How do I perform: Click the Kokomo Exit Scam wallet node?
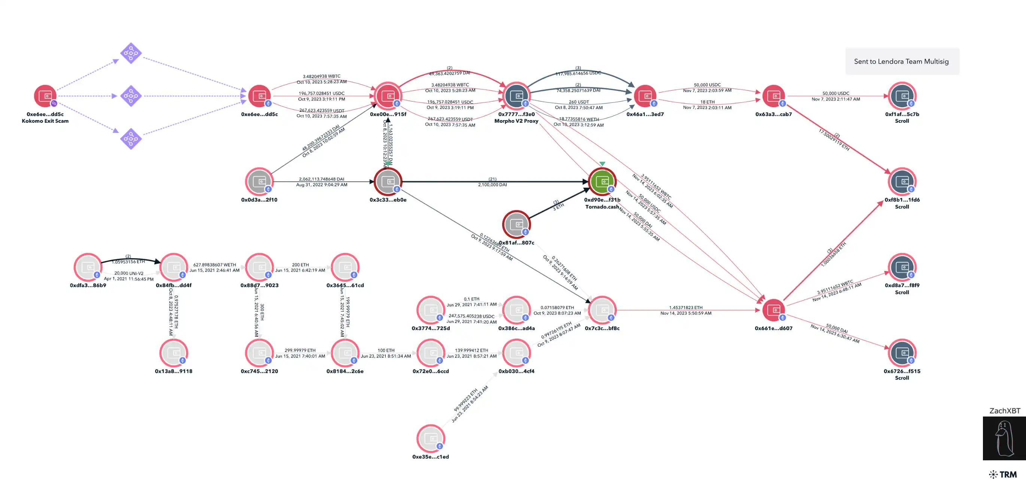point(45,96)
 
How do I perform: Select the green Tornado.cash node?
point(602,182)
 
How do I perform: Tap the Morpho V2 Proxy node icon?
point(516,96)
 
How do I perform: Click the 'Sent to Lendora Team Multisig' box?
point(902,61)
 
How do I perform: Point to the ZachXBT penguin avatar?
point(1004,438)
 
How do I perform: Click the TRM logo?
point(1003,474)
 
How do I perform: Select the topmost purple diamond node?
point(131,53)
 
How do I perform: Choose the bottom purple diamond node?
point(131,138)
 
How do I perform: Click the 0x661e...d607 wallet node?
point(774,309)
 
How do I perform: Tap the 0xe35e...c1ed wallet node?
point(431,438)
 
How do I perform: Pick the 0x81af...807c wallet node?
point(516,224)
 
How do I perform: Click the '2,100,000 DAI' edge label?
point(492,185)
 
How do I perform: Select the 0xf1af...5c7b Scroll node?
point(902,96)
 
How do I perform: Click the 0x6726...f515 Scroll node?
point(902,353)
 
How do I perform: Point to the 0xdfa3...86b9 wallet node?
point(88,267)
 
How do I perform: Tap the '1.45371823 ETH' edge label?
point(686,308)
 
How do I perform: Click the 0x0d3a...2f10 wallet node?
point(259,182)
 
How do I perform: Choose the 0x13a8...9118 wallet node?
point(174,353)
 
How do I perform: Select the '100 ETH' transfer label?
point(386,350)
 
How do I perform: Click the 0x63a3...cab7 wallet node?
point(774,96)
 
